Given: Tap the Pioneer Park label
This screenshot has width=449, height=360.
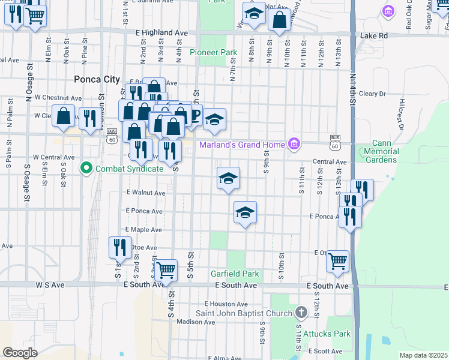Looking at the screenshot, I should [x=213, y=53].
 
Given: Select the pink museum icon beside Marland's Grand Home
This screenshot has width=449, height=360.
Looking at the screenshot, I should [x=294, y=144].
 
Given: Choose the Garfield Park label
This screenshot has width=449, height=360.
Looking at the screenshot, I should [x=235, y=274].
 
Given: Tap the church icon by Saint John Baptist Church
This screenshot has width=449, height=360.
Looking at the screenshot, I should [x=301, y=313].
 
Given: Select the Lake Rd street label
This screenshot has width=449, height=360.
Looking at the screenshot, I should [x=374, y=36].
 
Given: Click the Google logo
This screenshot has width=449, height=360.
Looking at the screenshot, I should [x=20, y=353].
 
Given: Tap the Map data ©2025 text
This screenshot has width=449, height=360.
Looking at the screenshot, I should [x=423, y=355].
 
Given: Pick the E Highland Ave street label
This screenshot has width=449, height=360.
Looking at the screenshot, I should [x=162, y=32].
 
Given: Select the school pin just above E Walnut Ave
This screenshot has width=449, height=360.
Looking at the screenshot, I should [x=228, y=178].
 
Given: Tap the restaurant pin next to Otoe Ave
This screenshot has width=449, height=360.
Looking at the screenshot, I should [x=120, y=247].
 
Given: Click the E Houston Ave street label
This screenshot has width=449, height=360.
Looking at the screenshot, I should [x=225, y=304].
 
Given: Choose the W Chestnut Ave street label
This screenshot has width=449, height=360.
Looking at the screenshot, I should [x=58, y=97].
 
